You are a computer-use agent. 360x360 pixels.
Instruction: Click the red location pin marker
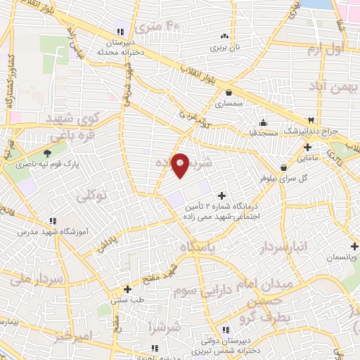click(x=181, y=165)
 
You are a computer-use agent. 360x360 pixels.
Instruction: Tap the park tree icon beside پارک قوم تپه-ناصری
click(x=48, y=154)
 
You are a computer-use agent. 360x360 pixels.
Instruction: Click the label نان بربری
click(x=226, y=49)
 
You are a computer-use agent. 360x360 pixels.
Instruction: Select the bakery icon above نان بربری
click(x=225, y=37)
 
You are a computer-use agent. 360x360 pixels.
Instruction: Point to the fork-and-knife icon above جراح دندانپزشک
click(x=311, y=120)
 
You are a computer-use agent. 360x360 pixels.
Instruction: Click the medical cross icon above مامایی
click(x=307, y=147)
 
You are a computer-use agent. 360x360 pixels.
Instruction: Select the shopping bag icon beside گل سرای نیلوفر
click(x=283, y=168)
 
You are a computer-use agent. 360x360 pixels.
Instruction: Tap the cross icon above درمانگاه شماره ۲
click(x=222, y=195)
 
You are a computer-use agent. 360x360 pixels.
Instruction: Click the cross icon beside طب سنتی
click(x=127, y=288)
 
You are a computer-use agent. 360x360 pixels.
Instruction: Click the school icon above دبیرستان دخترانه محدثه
click(x=121, y=30)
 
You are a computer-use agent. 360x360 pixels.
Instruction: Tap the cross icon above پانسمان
click(x=355, y=246)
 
